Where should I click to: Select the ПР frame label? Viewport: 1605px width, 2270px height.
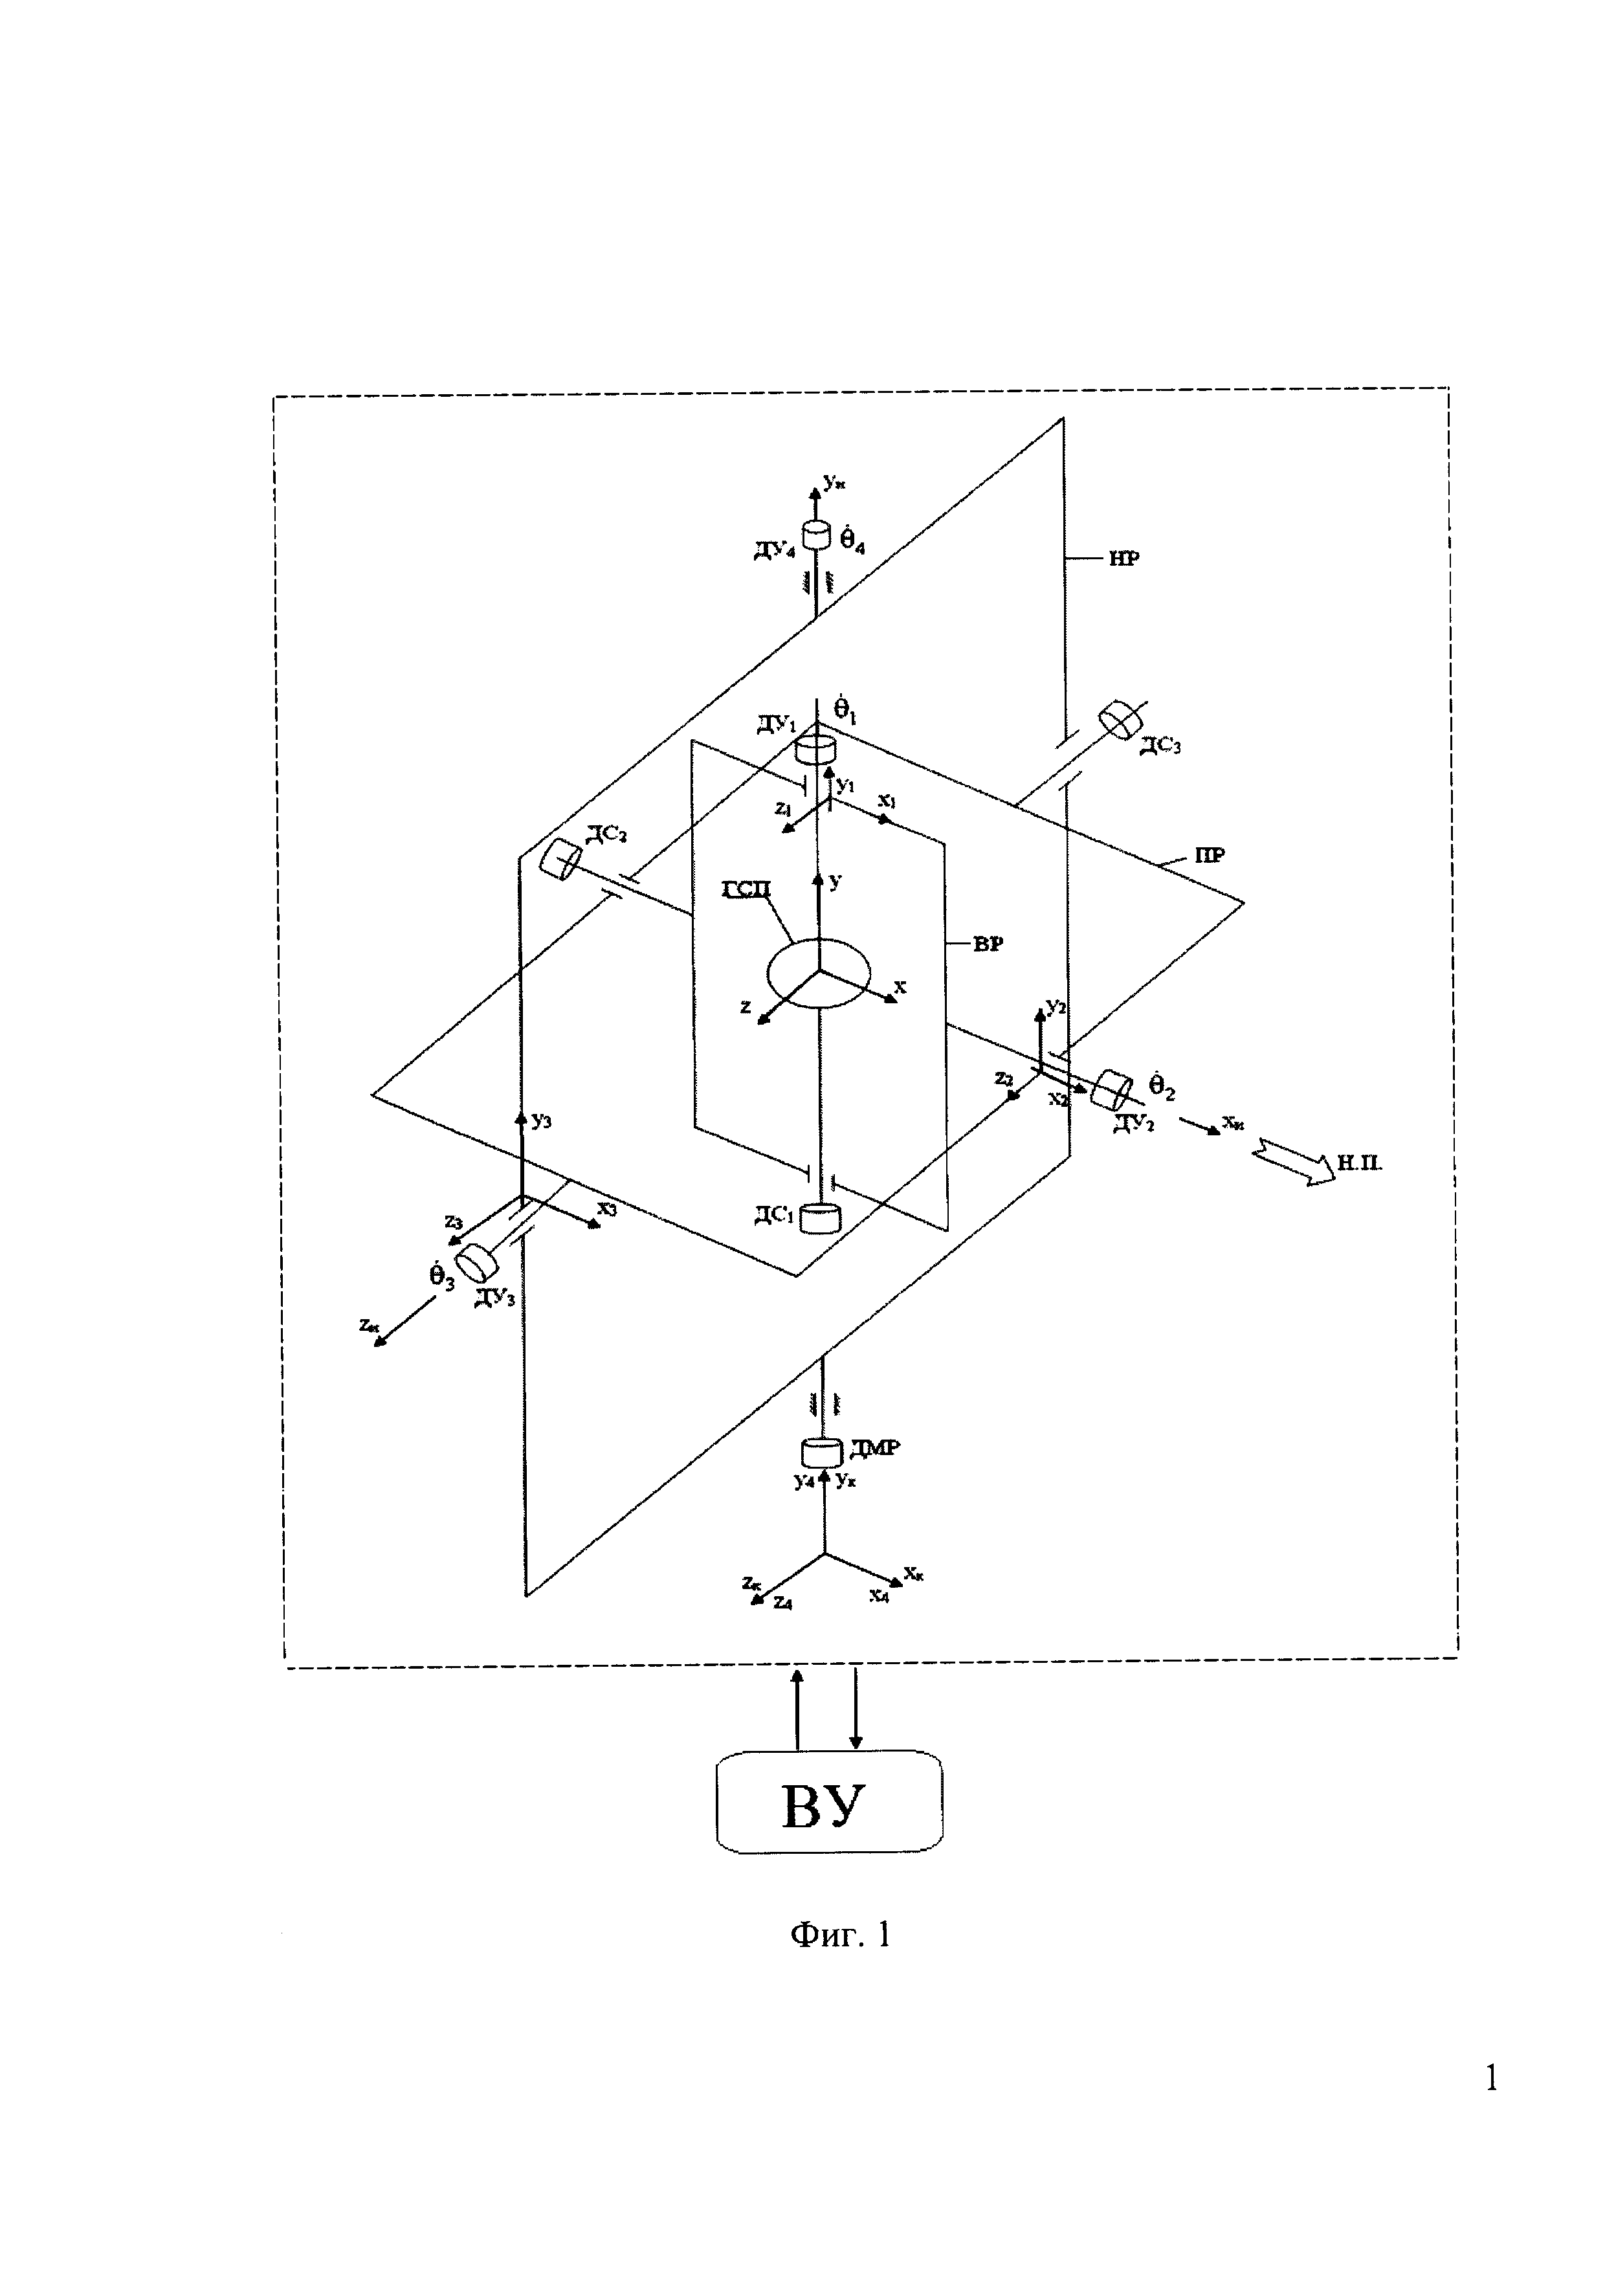pyautogui.click(x=1210, y=856)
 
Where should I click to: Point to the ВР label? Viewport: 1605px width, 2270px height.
pyautogui.click(x=988, y=944)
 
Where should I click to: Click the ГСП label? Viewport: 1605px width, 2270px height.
pyautogui.click(x=746, y=892)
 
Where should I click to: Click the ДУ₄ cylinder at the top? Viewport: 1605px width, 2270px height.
pyautogui.click(x=817, y=535)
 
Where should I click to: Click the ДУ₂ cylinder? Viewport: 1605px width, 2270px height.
pyautogui.click(x=1111, y=1089)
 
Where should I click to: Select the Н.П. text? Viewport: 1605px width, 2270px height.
pyautogui.click(x=1360, y=1164)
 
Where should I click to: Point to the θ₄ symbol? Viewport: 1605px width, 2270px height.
pyautogui.click(x=852, y=541)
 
